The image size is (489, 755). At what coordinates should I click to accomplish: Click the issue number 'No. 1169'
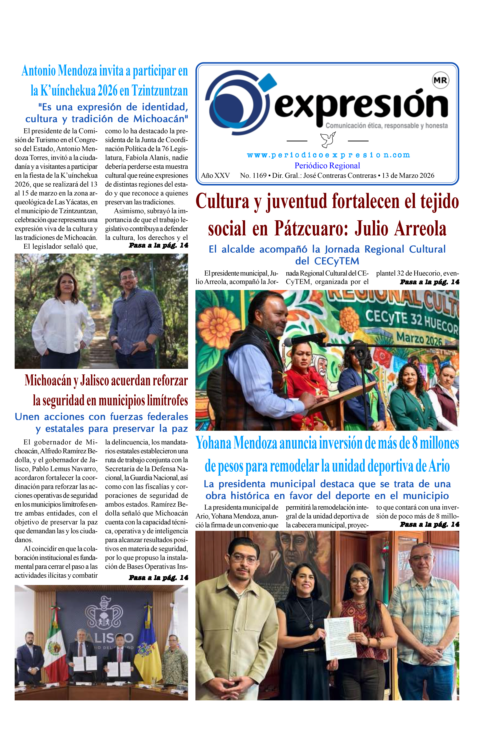click(x=253, y=176)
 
